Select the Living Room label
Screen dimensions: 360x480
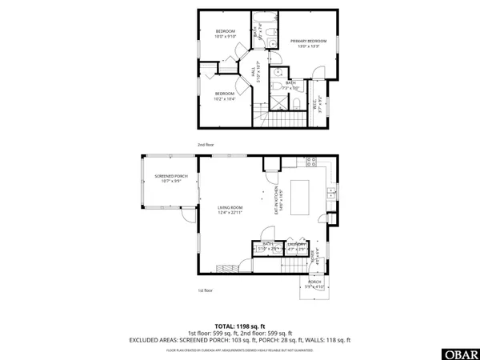pyautogui.click(x=230, y=210)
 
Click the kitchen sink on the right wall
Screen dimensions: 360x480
pyautogui.click(x=330, y=192)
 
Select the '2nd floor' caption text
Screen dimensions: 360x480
pyautogui.click(x=206, y=145)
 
